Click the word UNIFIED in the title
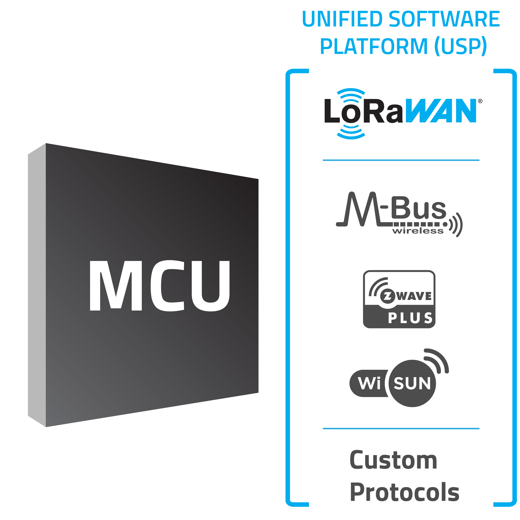(x=342, y=19)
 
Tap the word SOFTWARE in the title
(x=444, y=19)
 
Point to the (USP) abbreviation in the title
(x=461, y=46)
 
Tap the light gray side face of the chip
(x=37, y=285)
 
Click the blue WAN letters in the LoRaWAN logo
(x=442, y=111)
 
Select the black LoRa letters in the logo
(x=363, y=111)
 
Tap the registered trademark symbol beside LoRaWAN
(x=480, y=101)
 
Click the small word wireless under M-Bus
(x=417, y=231)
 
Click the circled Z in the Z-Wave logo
(x=388, y=296)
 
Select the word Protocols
(x=404, y=492)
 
